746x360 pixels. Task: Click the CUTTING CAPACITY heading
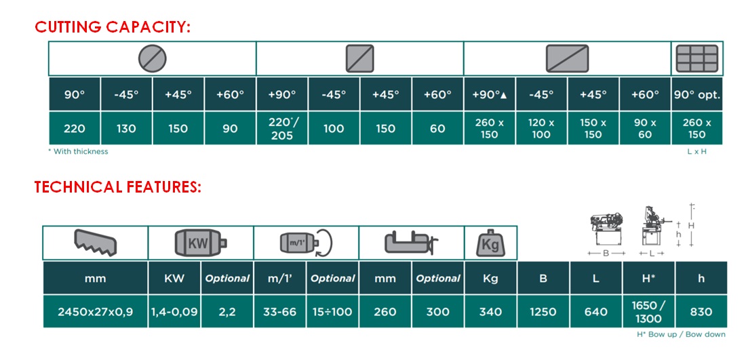113,27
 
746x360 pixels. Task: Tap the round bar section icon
152,58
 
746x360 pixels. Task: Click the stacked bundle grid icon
697,58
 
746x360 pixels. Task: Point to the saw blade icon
95,242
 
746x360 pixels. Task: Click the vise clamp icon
411,242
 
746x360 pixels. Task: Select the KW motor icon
201,242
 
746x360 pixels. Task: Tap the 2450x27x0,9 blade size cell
96,312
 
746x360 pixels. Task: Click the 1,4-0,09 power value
174,312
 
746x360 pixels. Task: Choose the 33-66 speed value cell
280,312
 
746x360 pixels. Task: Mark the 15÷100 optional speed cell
332,312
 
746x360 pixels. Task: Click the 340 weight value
490,312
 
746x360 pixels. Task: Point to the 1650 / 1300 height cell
649,311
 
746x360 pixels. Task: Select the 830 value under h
701,312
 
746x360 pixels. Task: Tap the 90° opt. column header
697,95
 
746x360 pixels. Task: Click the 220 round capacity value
75,128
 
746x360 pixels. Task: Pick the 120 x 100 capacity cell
541,128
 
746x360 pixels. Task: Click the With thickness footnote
79,151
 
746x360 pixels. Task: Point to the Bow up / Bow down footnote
680,334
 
